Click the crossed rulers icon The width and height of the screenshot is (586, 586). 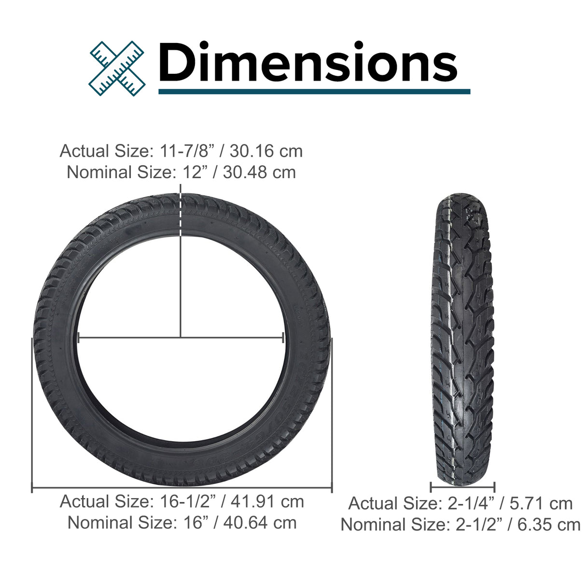[x=117, y=68]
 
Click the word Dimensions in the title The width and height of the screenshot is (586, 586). [x=308, y=63]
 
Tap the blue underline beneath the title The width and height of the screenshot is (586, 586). [x=314, y=91]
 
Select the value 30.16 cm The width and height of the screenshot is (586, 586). [x=266, y=151]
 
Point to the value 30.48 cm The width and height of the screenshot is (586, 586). [x=259, y=172]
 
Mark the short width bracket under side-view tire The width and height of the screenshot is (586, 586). [x=462, y=487]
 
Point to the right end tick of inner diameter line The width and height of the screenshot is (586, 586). [x=283, y=337]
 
